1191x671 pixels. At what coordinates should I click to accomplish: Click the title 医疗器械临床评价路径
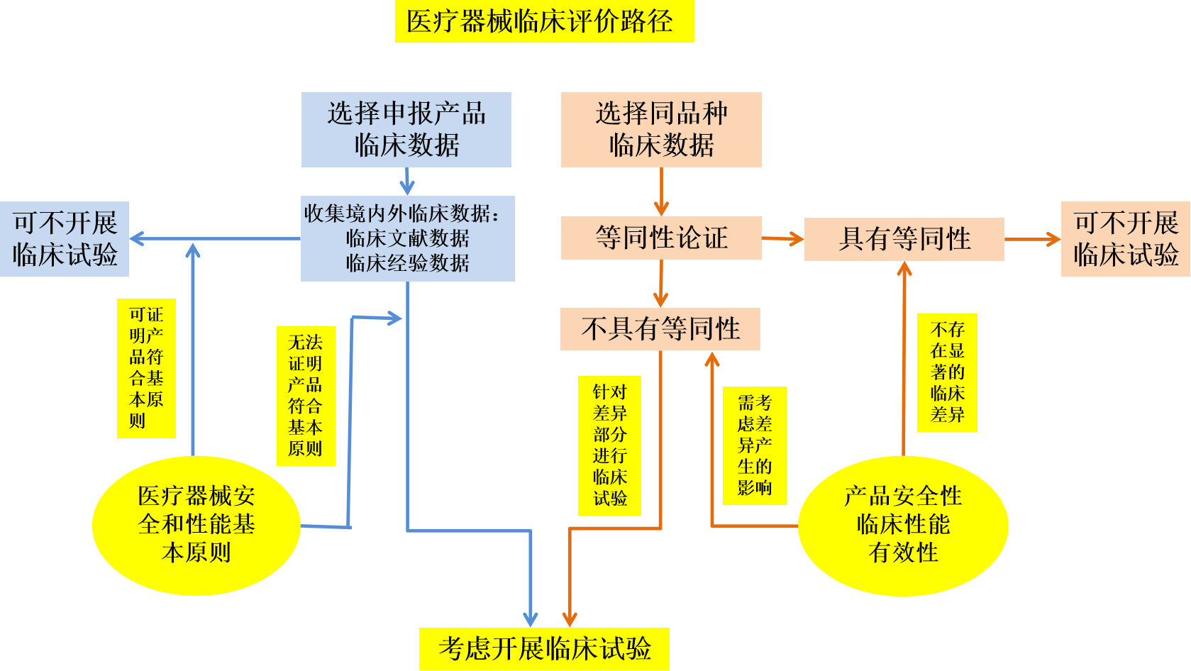544,21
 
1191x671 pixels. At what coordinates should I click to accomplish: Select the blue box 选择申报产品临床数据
406,130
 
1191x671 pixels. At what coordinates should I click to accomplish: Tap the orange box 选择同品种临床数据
661,130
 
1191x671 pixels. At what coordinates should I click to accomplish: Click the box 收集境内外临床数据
407,238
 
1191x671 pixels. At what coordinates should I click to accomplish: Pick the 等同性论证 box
661,238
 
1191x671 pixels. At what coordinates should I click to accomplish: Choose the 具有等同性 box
904,239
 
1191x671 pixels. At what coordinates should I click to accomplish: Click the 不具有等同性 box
660,328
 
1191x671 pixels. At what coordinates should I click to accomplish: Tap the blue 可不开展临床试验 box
65,239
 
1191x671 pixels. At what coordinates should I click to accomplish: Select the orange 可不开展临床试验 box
1125,239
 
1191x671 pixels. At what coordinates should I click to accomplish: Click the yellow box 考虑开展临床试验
544,648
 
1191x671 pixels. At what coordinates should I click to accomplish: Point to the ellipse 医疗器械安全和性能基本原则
196,525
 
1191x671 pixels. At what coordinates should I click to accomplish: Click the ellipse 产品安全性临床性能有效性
903,525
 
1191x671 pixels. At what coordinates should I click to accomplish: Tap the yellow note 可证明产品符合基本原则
146,368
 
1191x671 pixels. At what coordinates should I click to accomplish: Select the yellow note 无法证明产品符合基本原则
306,396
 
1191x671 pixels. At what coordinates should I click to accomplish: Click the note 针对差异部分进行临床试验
609,445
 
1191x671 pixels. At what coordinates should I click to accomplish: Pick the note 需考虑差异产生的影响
754,445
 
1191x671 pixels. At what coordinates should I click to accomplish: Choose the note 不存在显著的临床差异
947,372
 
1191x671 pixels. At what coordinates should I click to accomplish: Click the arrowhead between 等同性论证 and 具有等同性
795,239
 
